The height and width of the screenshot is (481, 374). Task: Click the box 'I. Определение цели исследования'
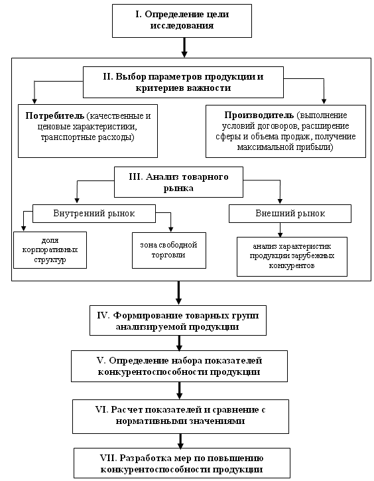tap(182, 21)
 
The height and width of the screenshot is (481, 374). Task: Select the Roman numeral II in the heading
tap(108, 77)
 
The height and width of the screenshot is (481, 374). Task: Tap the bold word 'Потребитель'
tap(54, 116)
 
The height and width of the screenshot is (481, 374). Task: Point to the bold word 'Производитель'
tap(259, 115)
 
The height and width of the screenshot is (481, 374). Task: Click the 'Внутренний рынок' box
tap(94, 214)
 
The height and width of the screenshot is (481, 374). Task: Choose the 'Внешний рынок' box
tap(290, 214)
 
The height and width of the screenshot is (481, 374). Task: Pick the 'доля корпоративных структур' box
tap(50, 250)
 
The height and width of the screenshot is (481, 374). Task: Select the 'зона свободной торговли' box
tap(169, 250)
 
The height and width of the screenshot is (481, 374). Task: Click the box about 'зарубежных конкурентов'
tap(292, 257)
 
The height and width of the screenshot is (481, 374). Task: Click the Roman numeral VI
tap(101, 409)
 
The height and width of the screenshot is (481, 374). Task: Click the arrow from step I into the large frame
tap(184, 48)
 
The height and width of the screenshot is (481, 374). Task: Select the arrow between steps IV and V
tap(179, 343)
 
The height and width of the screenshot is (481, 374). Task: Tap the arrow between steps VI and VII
tap(180, 441)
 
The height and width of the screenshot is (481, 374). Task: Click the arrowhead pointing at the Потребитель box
tap(34, 102)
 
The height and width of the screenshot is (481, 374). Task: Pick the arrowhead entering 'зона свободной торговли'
tap(171, 230)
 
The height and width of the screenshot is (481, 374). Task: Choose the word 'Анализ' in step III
tap(162, 177)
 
